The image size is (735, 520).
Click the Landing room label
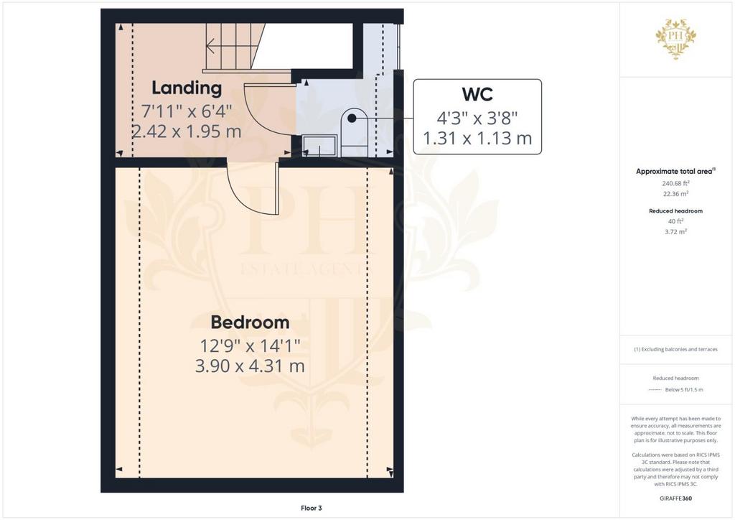coord(187,88)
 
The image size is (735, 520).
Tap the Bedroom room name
coord(250,322)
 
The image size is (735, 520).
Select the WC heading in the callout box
coord(477,94)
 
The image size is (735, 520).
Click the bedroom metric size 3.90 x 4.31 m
coord(250,366)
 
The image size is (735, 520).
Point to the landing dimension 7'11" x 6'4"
coord(187,111)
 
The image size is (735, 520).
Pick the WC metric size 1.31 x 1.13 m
coord(477,139)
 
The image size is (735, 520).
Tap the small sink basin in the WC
coord(319,145)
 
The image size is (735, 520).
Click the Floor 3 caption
coord(312,508)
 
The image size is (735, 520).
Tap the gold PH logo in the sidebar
coord(675,39)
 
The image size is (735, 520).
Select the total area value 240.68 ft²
coord(675,183)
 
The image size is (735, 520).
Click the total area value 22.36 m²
coord(675,194)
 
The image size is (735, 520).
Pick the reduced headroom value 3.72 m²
coord(675,232)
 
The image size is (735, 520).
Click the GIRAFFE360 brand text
coord(675,498)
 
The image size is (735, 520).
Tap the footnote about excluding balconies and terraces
coord(675,349)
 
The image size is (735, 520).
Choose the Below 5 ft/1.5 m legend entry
coord(684,390)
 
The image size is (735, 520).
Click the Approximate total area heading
coord(675,172)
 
